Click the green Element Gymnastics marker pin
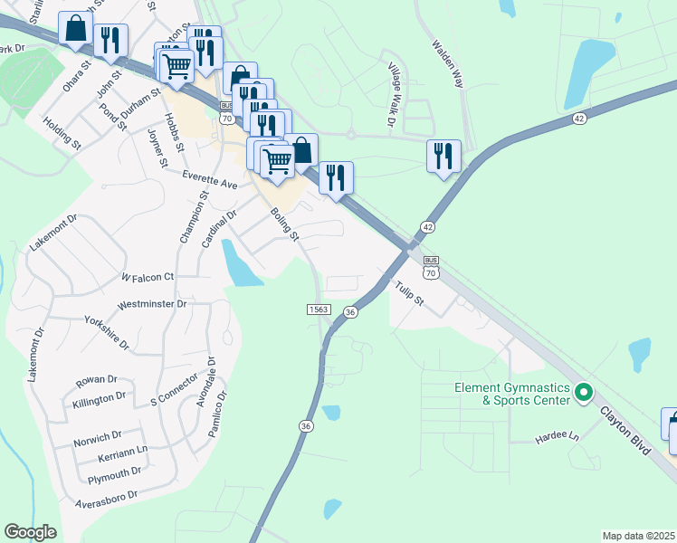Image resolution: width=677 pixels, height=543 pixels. click(584, 393)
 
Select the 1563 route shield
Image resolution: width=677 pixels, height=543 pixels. click(318, 310)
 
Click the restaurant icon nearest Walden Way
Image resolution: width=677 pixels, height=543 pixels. click(443, 155)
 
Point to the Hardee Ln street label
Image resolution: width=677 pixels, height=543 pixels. click(560, 435)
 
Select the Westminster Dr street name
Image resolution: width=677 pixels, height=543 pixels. click(152, 304)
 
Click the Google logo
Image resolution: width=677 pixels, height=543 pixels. click(29, 532)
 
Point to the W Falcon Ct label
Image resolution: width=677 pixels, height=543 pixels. click(147, 276)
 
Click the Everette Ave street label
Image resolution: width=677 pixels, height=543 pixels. click(209, 179)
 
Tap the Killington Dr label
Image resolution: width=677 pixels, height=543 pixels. click(100, 397)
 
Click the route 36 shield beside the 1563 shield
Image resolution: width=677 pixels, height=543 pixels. click(350, 310)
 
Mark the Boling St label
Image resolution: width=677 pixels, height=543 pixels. click(285, 224)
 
